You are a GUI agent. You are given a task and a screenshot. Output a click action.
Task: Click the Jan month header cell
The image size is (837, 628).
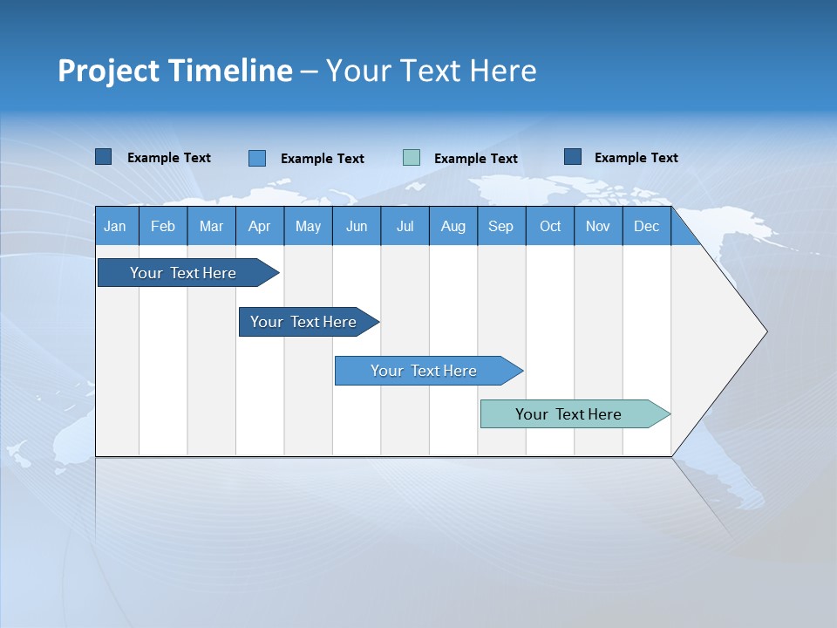[x=116, y=226]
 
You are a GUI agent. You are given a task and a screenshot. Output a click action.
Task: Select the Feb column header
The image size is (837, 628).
[x=163, y=226]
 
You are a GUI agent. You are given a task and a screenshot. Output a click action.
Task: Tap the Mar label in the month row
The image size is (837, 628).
[x=211, y=226]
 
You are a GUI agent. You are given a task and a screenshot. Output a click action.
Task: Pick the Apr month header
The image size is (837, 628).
[x=260, y=226]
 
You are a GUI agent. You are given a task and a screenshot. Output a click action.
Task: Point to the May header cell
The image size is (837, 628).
[x=308, y=226]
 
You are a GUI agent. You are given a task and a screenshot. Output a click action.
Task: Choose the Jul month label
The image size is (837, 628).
[x=405, y=226]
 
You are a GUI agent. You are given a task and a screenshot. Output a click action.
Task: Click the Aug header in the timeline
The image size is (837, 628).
[x=453, y=226]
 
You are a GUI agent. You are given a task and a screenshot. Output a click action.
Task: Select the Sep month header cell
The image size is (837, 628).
[x=501, y=226]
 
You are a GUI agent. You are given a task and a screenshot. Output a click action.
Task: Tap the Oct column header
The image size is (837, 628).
[x=550, y=226]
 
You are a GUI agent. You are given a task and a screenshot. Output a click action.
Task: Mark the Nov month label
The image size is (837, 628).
[x=598, y=226]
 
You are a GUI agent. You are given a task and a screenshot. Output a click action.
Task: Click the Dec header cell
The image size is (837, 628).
[x=647, y=226]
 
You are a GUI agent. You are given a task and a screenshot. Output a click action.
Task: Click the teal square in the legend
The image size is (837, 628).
[x=412, y=158]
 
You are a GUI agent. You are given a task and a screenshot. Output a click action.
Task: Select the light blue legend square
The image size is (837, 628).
[x=257, y=158]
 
